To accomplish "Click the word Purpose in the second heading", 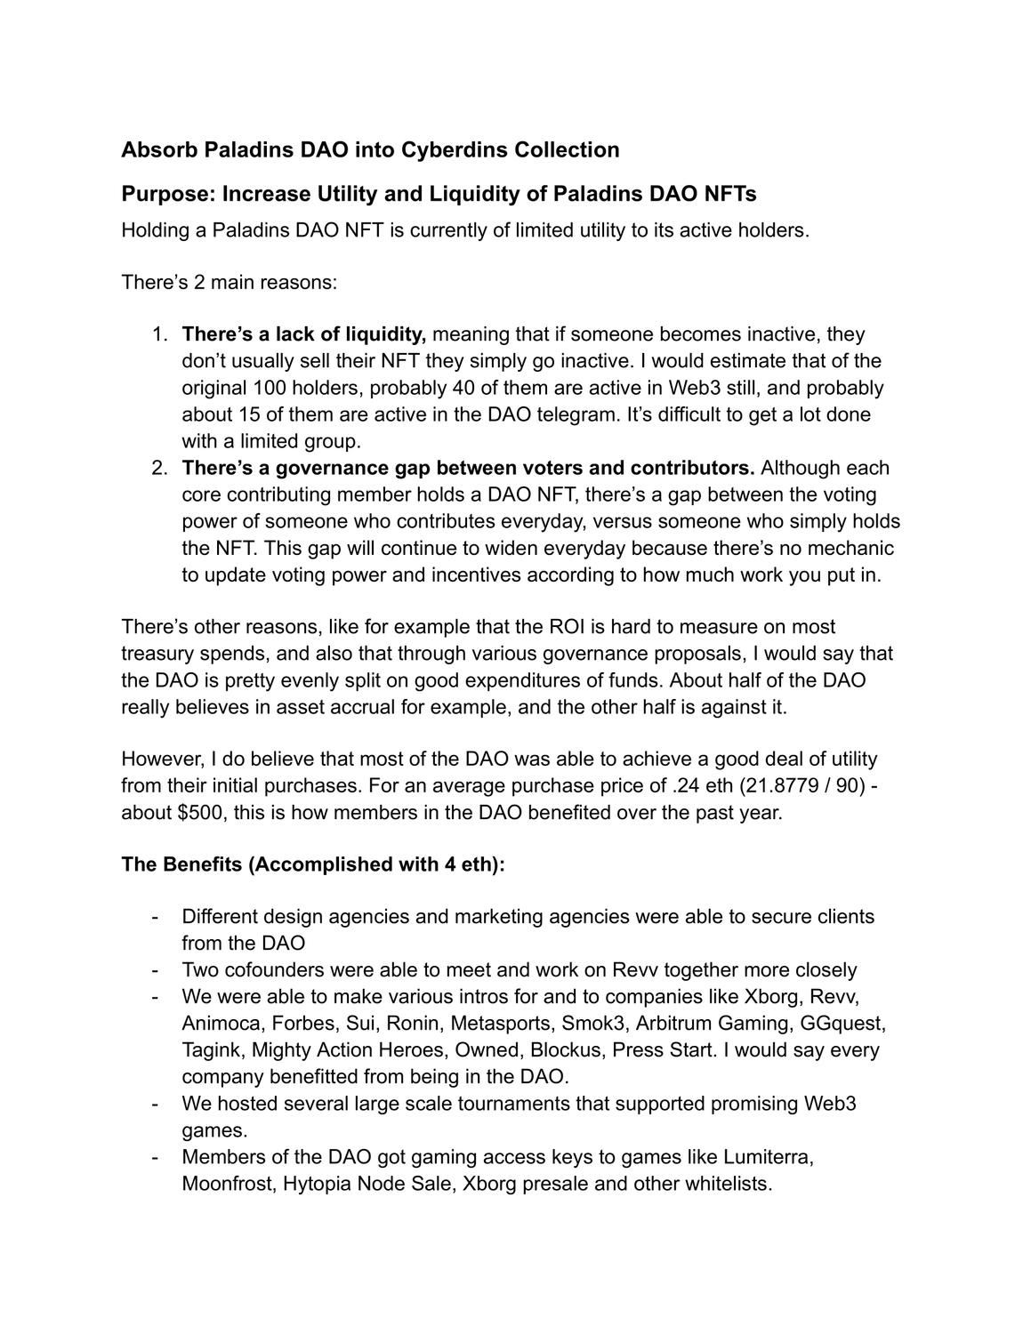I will (x=165, y=194).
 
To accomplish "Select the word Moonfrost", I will (x=227, y=1185).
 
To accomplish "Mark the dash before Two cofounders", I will (x=157, y=970).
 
